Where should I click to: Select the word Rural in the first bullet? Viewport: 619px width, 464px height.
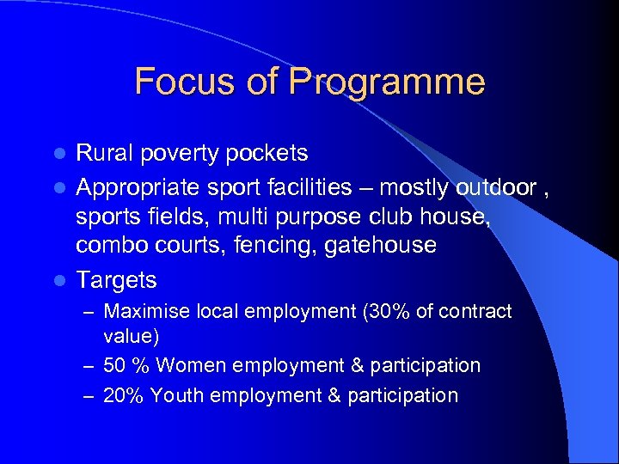[x=101, y=153]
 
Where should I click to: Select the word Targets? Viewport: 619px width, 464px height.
[x=116, y=280]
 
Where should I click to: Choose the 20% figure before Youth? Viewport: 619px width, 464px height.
[x=122, y=395]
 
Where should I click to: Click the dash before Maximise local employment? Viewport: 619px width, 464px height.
[x=89, y=312]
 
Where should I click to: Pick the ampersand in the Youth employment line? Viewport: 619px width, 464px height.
[x=334, y=395]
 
